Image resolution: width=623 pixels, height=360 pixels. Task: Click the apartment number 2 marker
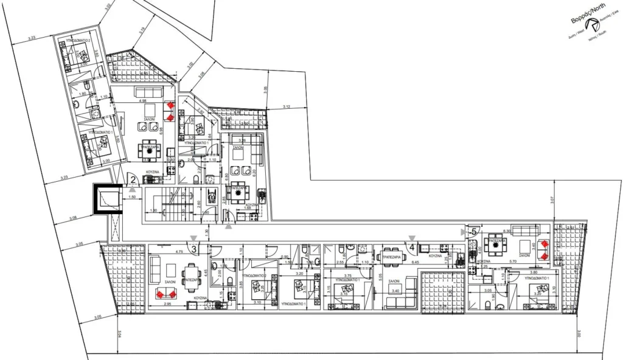132,179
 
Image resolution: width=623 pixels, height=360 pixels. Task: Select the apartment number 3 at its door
193,248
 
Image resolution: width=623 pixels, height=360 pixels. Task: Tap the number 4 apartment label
412,247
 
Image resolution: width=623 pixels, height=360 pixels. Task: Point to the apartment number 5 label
473,231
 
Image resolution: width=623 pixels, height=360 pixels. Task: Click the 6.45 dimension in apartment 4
416,262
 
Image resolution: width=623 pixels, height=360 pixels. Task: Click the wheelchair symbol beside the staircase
212,198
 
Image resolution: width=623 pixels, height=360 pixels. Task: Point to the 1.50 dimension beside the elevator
132,197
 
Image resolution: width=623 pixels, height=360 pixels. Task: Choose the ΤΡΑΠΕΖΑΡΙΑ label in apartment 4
389,248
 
